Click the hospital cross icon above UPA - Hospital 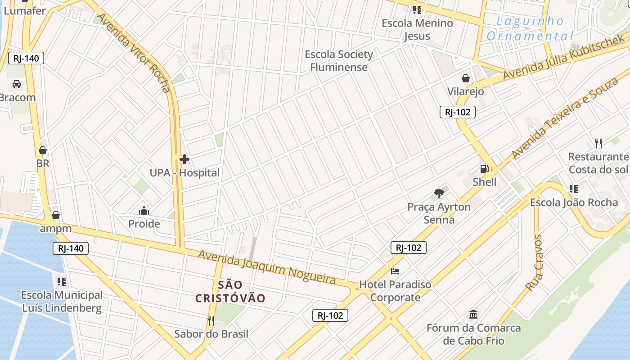pos(184,159)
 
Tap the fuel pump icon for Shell pos(484,169)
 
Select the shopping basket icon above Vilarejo pos(465,78)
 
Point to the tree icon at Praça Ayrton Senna pos(439,193)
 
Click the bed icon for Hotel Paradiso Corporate pos(395,271)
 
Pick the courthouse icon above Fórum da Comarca pos(473,314)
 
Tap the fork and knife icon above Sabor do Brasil pos(211,320)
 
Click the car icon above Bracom pos(17,84)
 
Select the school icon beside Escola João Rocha pos(573,189)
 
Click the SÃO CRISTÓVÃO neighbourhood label pos(230,291)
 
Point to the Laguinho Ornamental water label pos(530,28)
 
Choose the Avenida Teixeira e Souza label pos(565,118)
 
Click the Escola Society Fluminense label pos(339,61)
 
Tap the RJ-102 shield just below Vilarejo pos(457,112)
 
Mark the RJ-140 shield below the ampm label pos(71,248)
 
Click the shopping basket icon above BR pos(43,150)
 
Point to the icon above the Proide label pos(144,210)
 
